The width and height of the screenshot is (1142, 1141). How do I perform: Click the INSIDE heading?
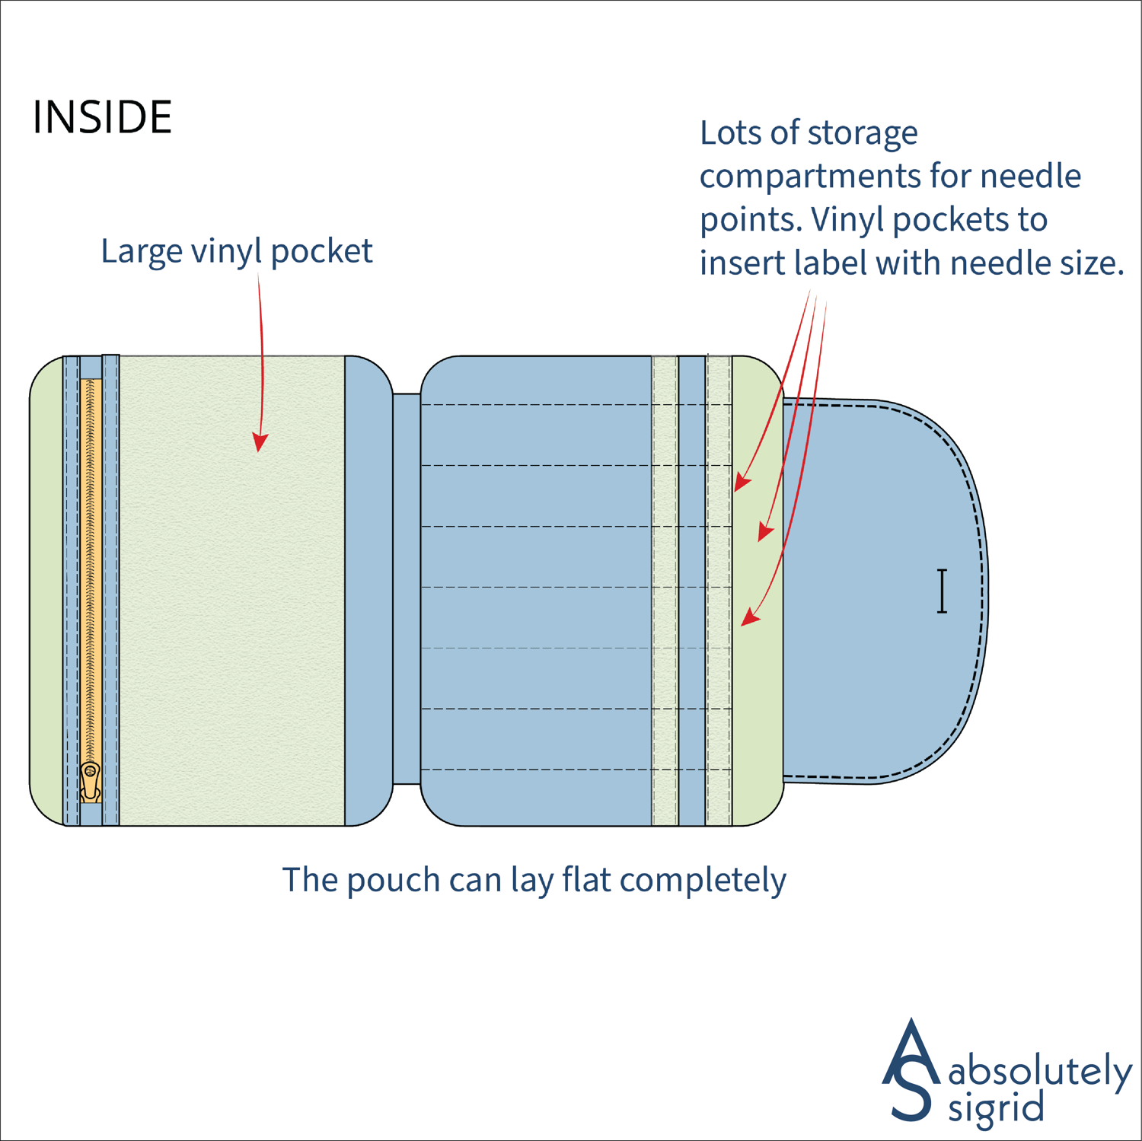pos(102,117)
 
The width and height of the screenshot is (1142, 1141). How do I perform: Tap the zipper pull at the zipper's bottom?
pos(91,781)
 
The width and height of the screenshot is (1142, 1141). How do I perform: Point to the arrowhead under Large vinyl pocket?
pos(260,442)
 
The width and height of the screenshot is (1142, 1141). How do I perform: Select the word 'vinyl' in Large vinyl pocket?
pos(226,251)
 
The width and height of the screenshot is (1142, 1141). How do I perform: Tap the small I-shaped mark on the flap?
pos(942,591)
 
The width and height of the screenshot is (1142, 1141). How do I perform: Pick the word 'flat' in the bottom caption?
pos(586,880)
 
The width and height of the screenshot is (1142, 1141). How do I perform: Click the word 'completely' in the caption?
pos(703,881)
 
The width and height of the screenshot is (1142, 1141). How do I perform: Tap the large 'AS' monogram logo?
pos(911,1069)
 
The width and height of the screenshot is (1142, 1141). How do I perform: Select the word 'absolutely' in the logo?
pos(1040,1072)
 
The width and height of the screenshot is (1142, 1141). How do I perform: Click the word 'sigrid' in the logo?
pos(995,1108)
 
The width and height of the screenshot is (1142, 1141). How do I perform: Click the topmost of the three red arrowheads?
pos(742,483)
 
